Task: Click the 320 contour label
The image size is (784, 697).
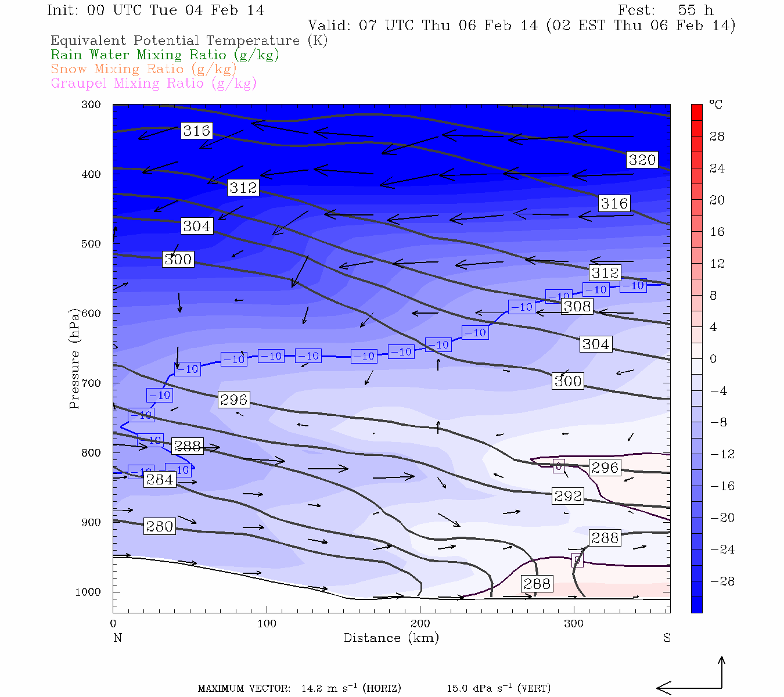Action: tap(642, 160)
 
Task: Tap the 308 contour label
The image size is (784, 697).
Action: tap(577, 306)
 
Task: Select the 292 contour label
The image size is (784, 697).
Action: tap(567, 496)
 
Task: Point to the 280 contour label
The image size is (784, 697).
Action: tap(159, 526)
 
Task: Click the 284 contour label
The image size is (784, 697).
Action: tap(159, 479)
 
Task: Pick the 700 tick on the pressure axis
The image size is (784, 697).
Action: tap(91, 383)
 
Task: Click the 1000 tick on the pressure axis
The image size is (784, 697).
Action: tap(88, 592)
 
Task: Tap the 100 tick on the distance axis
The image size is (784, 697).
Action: tap(267, 624)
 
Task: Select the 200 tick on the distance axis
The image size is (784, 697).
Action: tap(420, 624)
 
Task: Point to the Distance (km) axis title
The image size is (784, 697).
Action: tap(391, 638)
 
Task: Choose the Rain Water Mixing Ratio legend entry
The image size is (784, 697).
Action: tap(165, 55)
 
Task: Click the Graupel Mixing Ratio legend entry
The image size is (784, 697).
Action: tap(153, 83)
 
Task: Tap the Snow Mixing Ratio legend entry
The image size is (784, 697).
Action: tap(143, 69)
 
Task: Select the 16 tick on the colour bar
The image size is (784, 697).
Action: tap(717, 232)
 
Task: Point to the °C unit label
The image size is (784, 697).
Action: tap(715, 105)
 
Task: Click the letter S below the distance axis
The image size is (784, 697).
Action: tap(667, 638)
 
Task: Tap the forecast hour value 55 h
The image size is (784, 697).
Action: tap(695, 10)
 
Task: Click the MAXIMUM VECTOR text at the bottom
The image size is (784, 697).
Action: tap(244, 689)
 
